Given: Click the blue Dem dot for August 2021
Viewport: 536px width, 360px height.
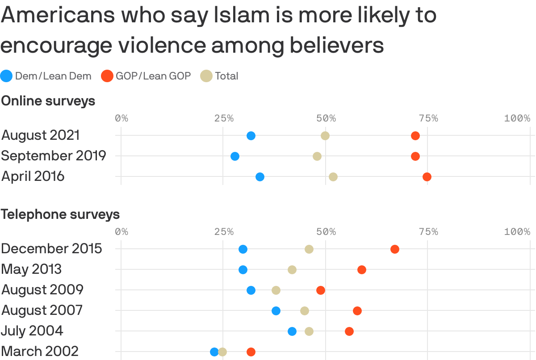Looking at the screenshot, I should [x=251, y=136].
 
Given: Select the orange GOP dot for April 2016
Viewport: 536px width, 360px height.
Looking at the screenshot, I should [x=427, y=177].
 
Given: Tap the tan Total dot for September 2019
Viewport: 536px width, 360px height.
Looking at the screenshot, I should [x=317, y=156].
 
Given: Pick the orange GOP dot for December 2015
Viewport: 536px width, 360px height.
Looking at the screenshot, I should [x=395, y=249].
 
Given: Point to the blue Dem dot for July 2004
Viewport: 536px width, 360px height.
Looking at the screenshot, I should [x=292, y=331].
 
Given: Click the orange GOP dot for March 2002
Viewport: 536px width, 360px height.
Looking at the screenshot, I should [x=251, y=352].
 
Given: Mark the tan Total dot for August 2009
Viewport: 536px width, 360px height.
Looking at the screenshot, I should [x=276, y=290].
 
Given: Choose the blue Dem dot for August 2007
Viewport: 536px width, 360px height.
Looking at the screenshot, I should [x=276, y=311].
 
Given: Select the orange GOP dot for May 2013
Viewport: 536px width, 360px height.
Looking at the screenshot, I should [x=362, y=270].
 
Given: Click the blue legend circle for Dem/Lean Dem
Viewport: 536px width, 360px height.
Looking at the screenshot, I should [x=7, y=76].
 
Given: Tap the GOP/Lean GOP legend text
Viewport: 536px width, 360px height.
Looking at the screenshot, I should [x=153, y=76].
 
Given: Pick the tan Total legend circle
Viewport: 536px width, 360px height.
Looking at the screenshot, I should [x=206, y=76].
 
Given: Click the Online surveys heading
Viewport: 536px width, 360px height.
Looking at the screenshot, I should [x=48, y=101].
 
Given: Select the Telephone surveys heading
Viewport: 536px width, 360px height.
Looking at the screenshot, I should [x=60, y=214].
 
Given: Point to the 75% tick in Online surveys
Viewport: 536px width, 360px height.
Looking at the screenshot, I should [x=428, y=118].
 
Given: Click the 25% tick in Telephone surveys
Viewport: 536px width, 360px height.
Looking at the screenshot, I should [x=224, y=232].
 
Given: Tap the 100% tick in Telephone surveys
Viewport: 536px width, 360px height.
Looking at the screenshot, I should [x=517, y=232].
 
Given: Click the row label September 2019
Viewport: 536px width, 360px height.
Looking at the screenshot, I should [x=54, y=156].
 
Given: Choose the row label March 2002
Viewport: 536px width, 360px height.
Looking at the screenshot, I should [x=40, y=352].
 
